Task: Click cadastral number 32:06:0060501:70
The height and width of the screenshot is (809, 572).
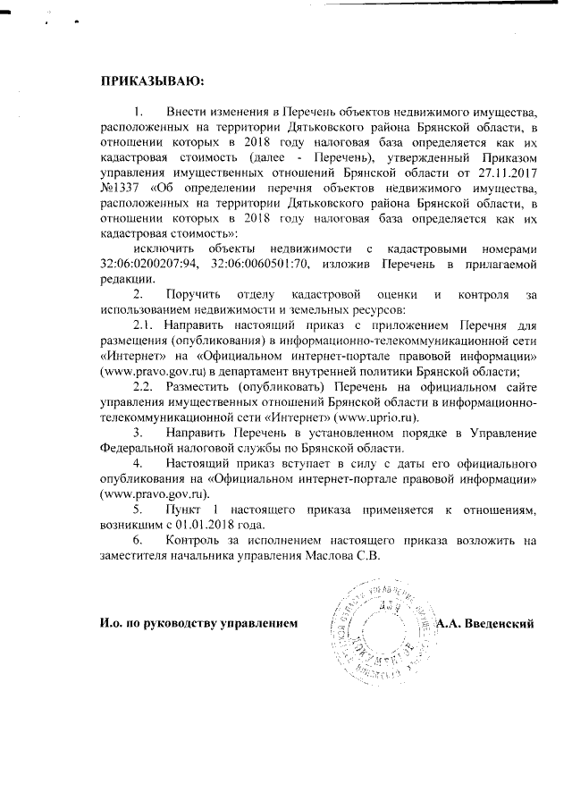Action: [x=258, y=263]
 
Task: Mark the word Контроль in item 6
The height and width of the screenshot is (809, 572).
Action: [x=194, y=540]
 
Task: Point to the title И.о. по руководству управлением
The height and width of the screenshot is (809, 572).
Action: [x=197, y=622]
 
